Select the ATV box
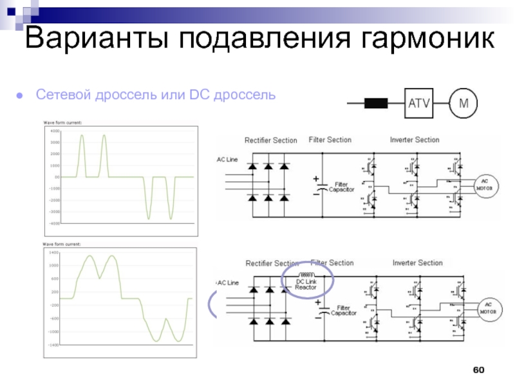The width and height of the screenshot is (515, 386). point(418,102)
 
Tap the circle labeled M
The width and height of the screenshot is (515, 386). point(464,102)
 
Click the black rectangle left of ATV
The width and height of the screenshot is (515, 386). point(375,102)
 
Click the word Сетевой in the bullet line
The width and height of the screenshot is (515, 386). point(64,95)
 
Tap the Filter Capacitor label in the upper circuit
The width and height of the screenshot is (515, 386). point(341,187)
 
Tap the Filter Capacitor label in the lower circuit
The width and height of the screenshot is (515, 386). point(342,310)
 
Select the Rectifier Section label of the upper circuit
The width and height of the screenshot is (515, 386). point(270,140)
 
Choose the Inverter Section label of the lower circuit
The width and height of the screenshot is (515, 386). point(417,262)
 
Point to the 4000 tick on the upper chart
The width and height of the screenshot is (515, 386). point(55,131)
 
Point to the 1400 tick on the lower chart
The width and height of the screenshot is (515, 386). point(54,253)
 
